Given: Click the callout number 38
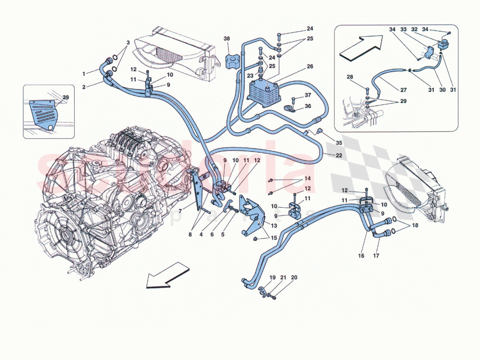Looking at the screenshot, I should tap(226, 38).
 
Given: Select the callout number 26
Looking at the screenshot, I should tap(310, 67).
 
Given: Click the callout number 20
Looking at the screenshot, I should tap(294, 278).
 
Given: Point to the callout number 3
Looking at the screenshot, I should tap(128, 42).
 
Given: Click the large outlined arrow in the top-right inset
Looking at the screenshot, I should tap(360, 47).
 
